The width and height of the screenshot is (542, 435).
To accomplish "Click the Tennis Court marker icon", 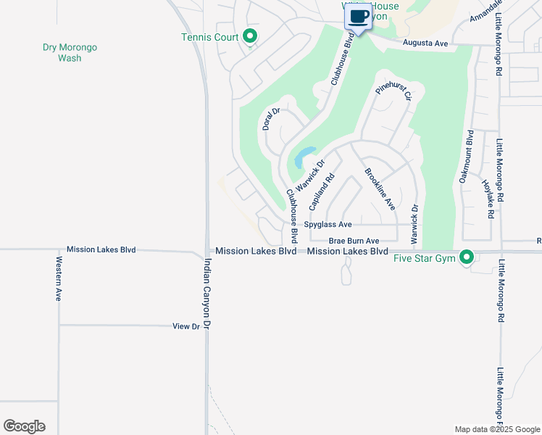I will (x=250, y=36).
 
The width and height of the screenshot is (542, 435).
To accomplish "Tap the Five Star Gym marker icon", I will (x=467, y=257).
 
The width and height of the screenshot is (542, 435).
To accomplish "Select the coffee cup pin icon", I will (x=358, y=16).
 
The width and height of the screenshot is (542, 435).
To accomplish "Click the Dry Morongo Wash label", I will (x=70, y=52).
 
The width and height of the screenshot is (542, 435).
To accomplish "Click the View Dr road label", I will (x=186, y=327).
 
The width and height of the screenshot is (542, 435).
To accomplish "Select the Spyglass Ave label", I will (x=328, y=225).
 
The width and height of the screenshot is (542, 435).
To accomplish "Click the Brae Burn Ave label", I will (x=354, y=241).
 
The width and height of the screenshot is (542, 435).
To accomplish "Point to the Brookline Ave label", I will (x=380, y=189).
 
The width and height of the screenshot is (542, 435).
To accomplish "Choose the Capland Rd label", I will (x=322, y=191).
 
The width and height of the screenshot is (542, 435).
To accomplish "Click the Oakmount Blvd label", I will (x=465, y=157).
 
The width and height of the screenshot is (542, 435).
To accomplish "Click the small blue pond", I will (x=304, y=156).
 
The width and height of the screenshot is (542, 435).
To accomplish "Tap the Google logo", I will (x=24, y=426).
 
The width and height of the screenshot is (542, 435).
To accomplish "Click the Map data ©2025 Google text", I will (x=496, y=429).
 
